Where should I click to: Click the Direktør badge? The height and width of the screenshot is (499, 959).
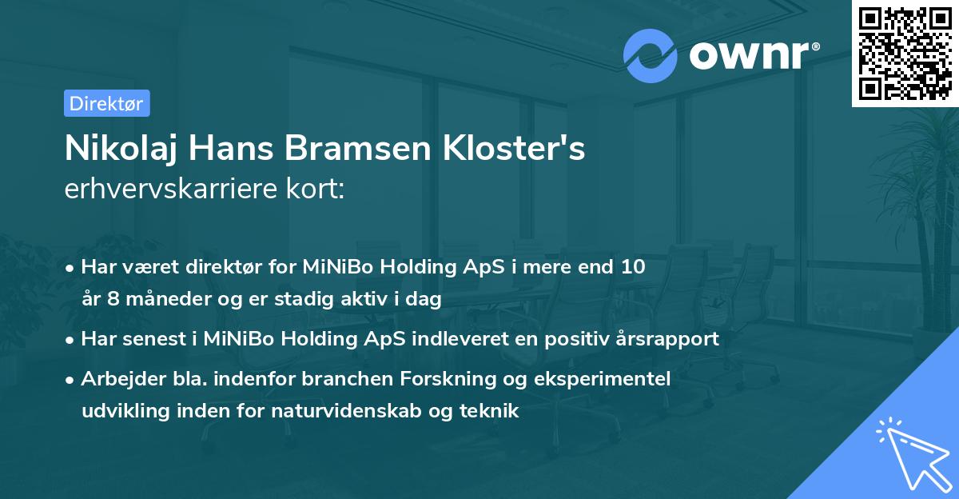pyautogui.click(x=106, y=103)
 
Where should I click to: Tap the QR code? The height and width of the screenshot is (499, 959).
pyautogui.click(x=905, y=53)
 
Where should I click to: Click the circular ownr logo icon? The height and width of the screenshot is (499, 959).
pyautogui.click(x=651, y=56)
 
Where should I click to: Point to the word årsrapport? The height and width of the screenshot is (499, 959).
pyautogui.click(x=674, y=339)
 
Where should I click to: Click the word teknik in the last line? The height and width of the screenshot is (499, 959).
pyautogui.click(x=494, y=412)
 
